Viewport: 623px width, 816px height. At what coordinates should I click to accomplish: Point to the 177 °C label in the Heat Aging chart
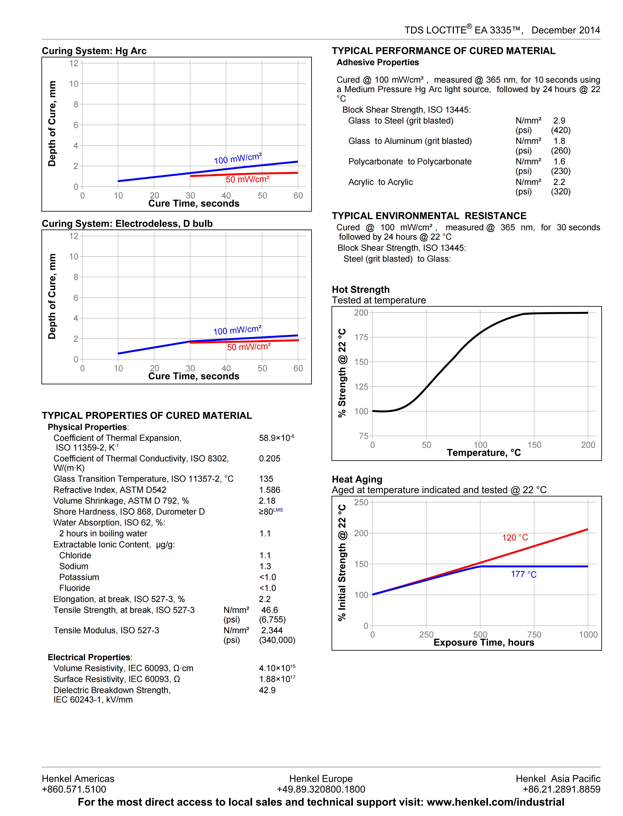524,574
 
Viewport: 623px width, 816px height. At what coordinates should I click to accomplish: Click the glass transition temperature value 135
266,479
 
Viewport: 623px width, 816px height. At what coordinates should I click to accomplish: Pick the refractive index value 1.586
270,490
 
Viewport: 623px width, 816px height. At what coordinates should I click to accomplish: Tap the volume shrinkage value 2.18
267,501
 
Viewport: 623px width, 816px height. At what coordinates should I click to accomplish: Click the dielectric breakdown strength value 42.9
267,690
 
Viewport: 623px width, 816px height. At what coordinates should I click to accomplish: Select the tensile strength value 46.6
270,610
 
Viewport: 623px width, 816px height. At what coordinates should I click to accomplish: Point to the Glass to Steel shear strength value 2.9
559,120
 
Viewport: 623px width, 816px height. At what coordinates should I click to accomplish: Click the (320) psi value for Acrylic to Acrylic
561,192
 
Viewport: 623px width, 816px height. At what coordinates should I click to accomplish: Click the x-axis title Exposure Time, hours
484,643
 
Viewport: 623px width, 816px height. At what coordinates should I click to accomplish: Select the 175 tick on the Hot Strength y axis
361,337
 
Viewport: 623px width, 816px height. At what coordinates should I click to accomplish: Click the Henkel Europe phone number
321,789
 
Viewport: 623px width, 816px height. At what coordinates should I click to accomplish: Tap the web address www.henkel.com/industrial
496,802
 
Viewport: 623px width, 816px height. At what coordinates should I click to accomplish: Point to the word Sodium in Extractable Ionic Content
74,566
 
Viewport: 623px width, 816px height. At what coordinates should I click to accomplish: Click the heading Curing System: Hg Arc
94,51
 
